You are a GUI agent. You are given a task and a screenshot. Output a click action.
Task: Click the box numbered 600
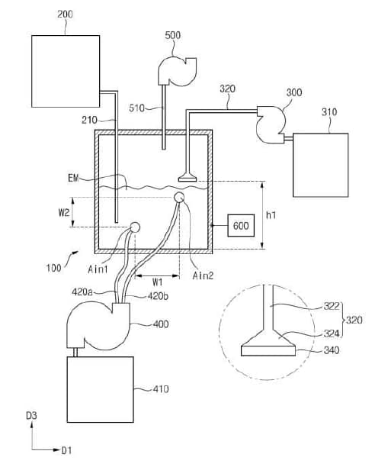[241, 225]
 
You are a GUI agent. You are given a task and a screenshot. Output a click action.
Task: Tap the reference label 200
[65, 14]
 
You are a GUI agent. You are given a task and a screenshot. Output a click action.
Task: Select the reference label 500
[172, 35]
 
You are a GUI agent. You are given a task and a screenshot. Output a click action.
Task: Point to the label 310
[329, 112]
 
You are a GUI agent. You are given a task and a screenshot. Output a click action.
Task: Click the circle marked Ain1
[135, 227]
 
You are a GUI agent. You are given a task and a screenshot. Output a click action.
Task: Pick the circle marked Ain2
[179, 197]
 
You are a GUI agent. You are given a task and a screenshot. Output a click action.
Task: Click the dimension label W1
[158, 282]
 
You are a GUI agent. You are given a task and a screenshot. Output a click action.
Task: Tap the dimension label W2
[64, 212]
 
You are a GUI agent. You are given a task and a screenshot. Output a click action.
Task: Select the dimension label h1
[271, 214]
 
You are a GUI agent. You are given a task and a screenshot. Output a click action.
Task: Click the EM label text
[73, 178]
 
